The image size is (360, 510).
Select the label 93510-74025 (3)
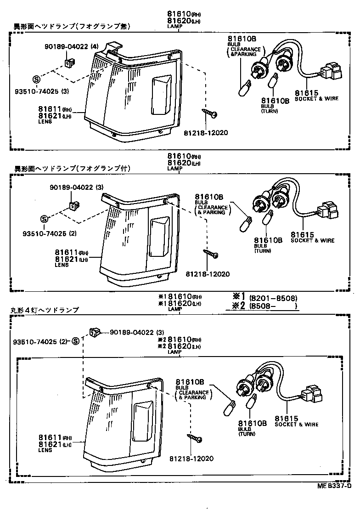point(45,91)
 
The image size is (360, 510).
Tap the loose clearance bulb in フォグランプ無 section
point(245,87)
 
